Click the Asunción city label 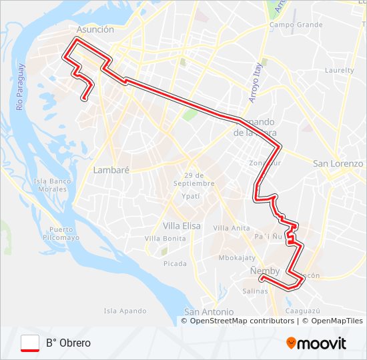pos(95,30)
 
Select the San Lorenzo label pos(338,163)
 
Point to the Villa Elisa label pos(181,225)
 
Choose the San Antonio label pos(209,312)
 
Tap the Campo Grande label pos(296,25)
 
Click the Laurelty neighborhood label pos(339,70)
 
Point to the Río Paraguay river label pos(21,87)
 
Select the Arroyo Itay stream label pos(254,83)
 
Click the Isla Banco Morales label pos(52,185)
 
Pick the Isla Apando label pos(125,311)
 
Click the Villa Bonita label pos(165,238)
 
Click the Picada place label pos(175,263)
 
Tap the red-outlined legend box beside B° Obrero pos(30,343)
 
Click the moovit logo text pos(321,343)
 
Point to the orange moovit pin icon pos(291,343)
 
